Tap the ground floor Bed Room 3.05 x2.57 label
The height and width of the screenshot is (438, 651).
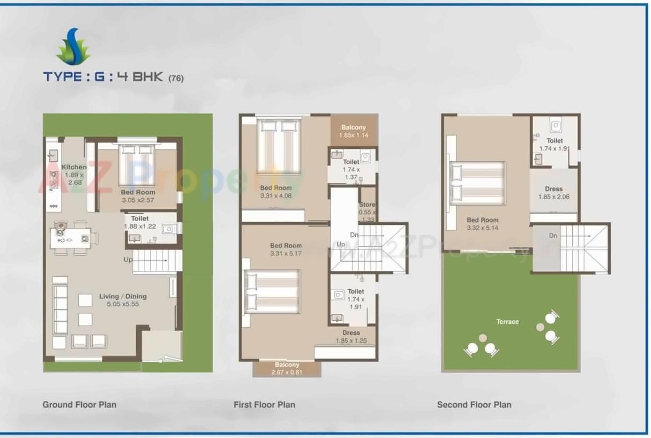pos(138,196)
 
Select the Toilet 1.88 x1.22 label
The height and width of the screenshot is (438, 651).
pos(140,223)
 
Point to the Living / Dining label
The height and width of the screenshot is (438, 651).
pos(123,300)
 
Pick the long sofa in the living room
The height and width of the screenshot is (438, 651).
pos(59,309)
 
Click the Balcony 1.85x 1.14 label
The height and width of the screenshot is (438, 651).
pos(353,131)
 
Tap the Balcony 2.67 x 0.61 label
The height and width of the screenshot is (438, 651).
pos(287,368)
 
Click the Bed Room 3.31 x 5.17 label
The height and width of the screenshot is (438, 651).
pos(286,250)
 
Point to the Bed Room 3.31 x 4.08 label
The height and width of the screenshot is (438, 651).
pos(276,192)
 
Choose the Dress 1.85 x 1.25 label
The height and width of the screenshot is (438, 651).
pos(351,336)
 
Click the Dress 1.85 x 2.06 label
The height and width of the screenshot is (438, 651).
pos(553,193)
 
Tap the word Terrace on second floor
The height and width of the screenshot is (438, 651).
pos(507,322)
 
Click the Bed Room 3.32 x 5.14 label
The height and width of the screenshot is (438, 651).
pos(482,224)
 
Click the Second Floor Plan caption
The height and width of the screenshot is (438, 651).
pos(474,405)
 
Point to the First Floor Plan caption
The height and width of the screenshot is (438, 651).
pos(264,405)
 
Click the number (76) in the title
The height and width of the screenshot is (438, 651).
pos(176,78)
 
